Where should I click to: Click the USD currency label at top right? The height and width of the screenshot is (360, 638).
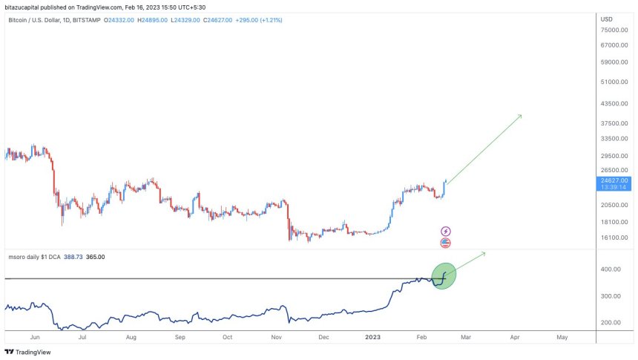coord(606,19)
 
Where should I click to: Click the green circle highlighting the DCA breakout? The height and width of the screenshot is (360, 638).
coord(444,275)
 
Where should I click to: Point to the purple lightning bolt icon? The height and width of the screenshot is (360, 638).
coord(445,232)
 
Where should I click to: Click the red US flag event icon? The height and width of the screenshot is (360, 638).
coord(445,243)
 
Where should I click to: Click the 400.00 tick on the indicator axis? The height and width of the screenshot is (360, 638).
coord(611,269)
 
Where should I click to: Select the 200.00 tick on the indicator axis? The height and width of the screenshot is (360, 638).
coord(611,323)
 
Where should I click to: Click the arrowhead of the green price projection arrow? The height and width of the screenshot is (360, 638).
coord(520,116)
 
